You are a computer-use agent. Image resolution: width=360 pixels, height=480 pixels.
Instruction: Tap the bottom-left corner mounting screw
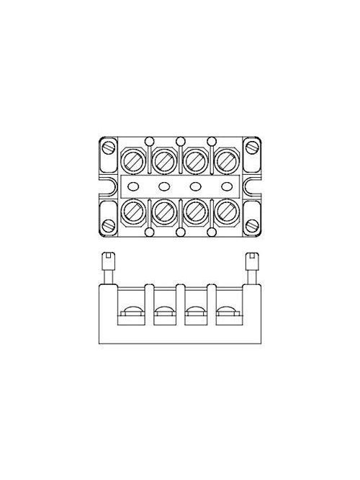pyautogui.click(x=109, y=227)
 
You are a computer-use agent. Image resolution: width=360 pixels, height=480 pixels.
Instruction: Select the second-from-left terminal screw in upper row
pyautogui.click(x=164, y=159)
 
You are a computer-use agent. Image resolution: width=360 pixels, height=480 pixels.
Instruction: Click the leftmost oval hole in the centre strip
pyautogui.click(x=133, y=186)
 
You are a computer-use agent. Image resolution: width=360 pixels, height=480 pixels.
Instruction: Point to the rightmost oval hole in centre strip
pyautogui.click(x=226, y=186)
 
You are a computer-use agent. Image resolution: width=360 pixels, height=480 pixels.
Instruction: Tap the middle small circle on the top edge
pyautogui.click(x=180, y=140)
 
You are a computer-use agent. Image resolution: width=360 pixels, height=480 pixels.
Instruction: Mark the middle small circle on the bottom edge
pyautogui.click(x=180, y=233)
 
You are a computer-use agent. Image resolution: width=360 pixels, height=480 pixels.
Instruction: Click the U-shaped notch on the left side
pyautogui.click(x=104, y=187)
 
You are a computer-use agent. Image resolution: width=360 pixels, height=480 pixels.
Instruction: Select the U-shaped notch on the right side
pyautogui.click(x=256, y=187)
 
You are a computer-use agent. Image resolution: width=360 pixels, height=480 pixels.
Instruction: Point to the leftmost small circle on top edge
pyautogui.click(x=149, y=140)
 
